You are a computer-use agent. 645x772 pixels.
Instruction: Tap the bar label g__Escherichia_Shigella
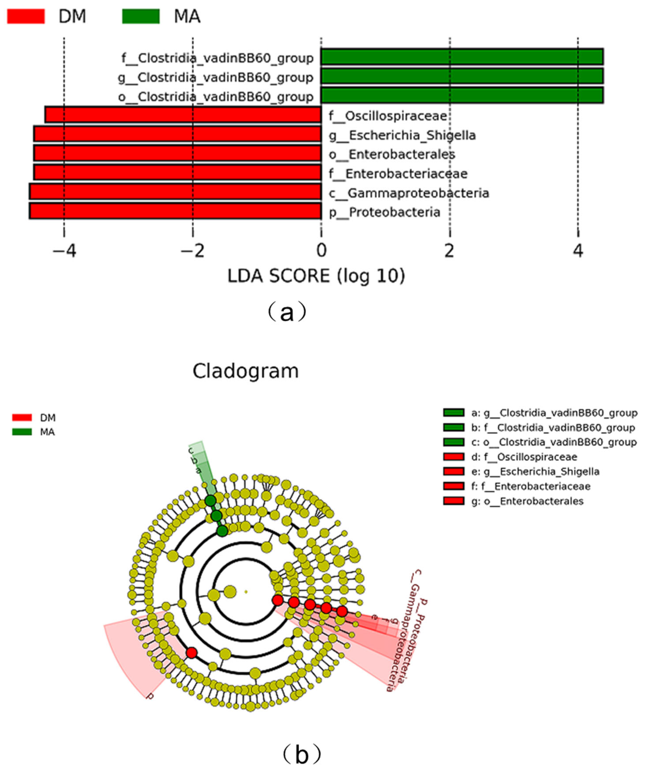(x=402, y=135)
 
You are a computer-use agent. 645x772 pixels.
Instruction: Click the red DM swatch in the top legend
(x=26, y=17)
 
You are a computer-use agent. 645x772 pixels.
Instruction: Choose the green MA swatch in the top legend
(x=141, y=17)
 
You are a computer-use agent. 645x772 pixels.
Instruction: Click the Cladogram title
(x=245, y=371)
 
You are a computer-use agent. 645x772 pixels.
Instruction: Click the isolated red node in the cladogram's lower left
(x=191, y=652)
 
